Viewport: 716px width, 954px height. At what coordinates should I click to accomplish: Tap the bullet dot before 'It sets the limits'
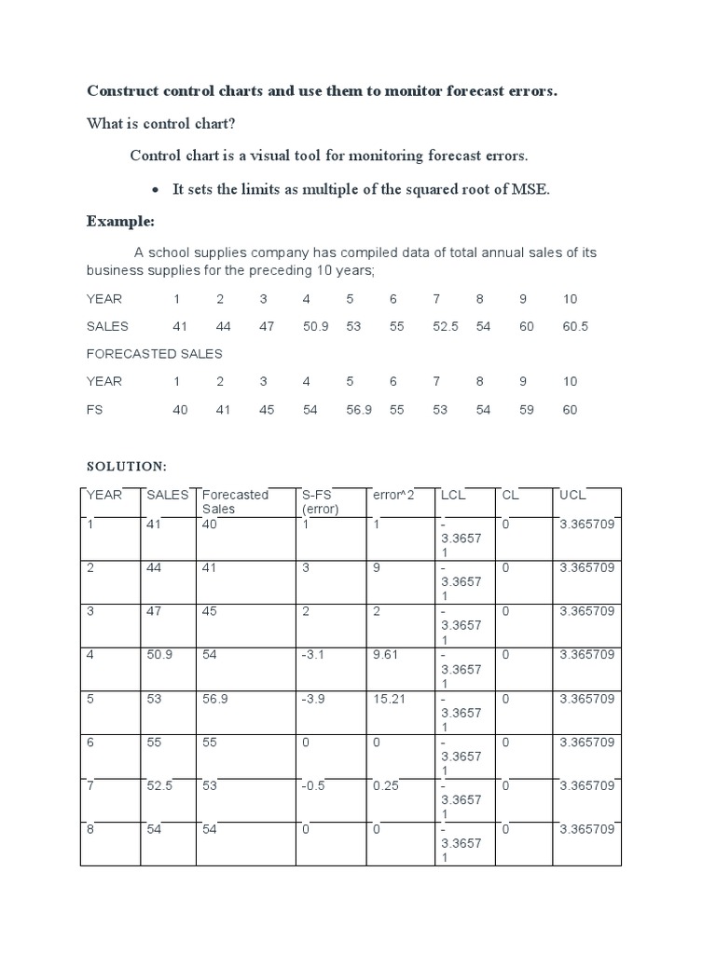(x=156, y=190)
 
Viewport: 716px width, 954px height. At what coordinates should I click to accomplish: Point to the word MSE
(x=532, y=189)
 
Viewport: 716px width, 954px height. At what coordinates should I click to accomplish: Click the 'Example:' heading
(x=119, y=221)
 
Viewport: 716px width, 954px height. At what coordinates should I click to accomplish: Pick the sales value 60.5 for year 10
(x=575, y=326)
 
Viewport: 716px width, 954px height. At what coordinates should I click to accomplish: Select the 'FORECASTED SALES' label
(x=154, y=354)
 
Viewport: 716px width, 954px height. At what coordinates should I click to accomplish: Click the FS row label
(x=95, y=410)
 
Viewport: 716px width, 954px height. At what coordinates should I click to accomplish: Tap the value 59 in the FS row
(x=526, y=410)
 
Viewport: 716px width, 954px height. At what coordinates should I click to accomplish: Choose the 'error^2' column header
(x=392, y=495)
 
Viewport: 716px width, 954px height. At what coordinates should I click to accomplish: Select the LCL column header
(x=453, y=495)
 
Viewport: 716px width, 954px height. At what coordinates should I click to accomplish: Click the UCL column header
(x=571, y=495)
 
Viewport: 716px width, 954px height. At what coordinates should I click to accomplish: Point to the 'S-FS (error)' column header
(x=320, y=501)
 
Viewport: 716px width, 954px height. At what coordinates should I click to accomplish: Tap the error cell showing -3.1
(x=312, y=655)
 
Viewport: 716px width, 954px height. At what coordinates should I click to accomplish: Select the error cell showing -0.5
(x=312, y=785)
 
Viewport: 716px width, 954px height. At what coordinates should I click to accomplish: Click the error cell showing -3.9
(x=312, y=699)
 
